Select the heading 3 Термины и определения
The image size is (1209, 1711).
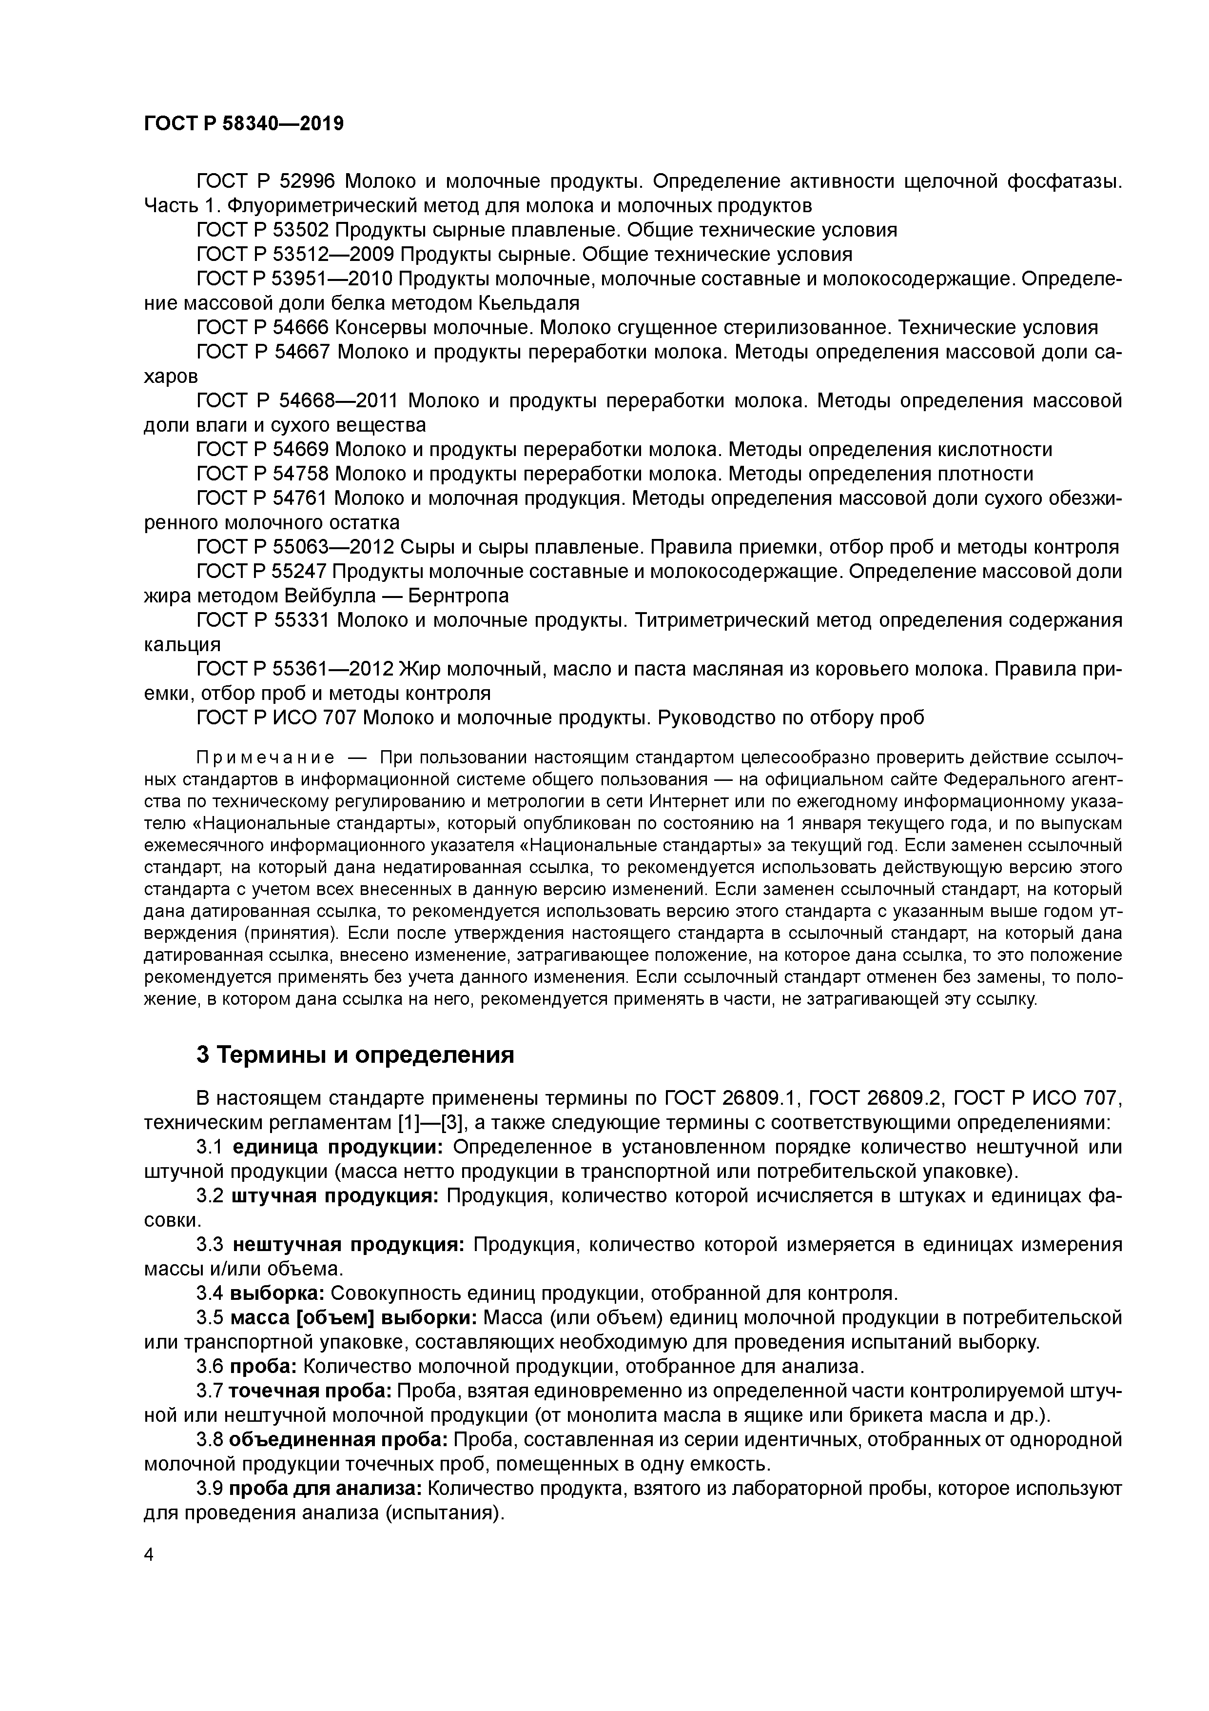(355, 1055)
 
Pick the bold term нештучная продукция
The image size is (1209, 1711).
(349, 1245)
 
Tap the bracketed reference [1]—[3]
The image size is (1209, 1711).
(426, 1122)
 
